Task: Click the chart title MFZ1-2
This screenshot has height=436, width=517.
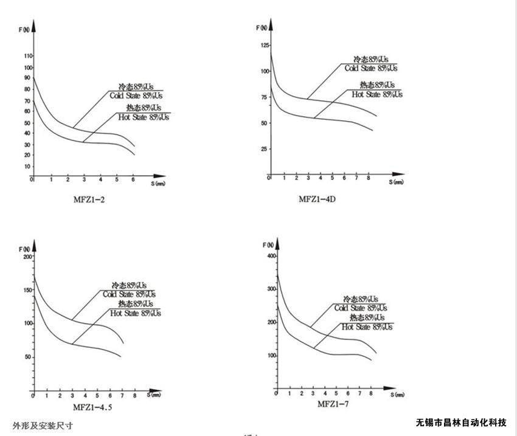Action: tap(89, 198)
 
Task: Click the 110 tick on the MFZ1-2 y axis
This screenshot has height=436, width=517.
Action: tap(27, 56)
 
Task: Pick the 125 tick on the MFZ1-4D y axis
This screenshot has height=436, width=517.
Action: tap(265, 46)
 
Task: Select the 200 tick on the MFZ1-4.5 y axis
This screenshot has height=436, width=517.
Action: tap(27, 257)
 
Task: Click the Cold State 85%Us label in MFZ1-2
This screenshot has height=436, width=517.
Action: tap(136, 95)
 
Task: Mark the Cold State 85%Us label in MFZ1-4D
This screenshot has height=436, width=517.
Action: tap(370, 68)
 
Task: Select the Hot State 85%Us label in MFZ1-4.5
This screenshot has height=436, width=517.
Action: tap(136, 313)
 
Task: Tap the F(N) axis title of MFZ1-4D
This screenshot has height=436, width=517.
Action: tap(262, 28)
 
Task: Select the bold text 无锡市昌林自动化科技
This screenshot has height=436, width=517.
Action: tap(461, 423)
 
